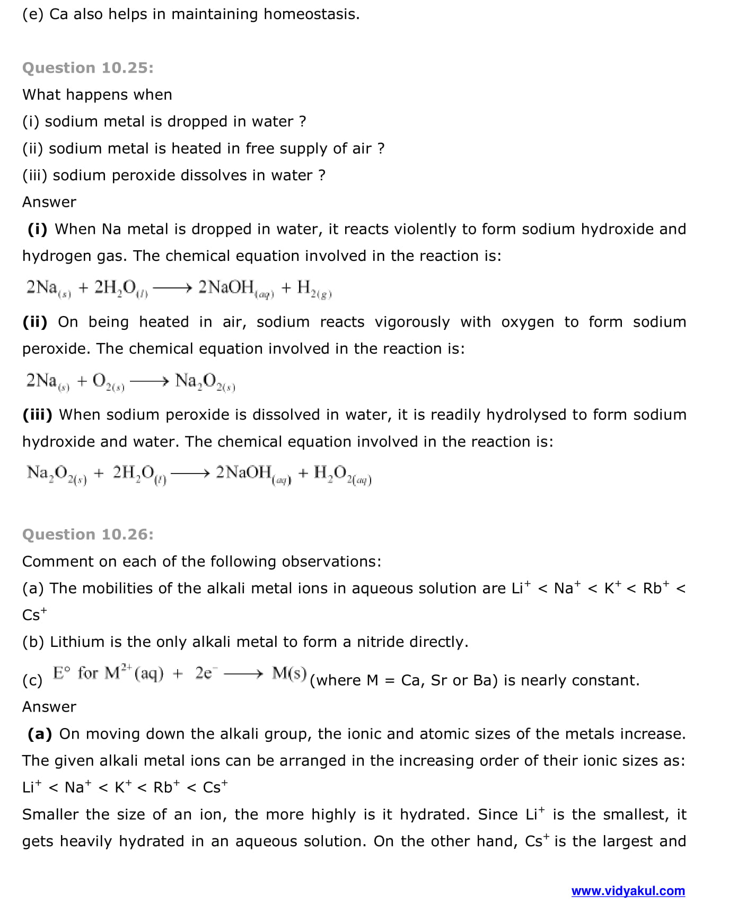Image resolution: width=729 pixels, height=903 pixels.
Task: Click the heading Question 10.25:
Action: point(87,68)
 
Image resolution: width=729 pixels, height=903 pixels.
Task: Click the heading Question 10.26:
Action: point(87,534)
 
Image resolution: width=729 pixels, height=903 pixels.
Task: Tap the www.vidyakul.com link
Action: point(628,891)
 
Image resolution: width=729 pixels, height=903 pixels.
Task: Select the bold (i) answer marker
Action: point(37,229)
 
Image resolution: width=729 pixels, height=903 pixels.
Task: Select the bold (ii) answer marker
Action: point(35,322)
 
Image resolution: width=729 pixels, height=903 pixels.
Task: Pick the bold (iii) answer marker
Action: point(37,415)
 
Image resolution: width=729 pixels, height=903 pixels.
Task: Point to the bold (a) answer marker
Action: point(40,734)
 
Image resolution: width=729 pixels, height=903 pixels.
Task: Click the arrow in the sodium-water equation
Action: point(172,288)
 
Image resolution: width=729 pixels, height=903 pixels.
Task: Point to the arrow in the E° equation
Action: point(243,674)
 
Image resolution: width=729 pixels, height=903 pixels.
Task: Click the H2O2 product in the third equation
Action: point(342,474)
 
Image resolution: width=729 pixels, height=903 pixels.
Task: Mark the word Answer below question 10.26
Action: point(49,707)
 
